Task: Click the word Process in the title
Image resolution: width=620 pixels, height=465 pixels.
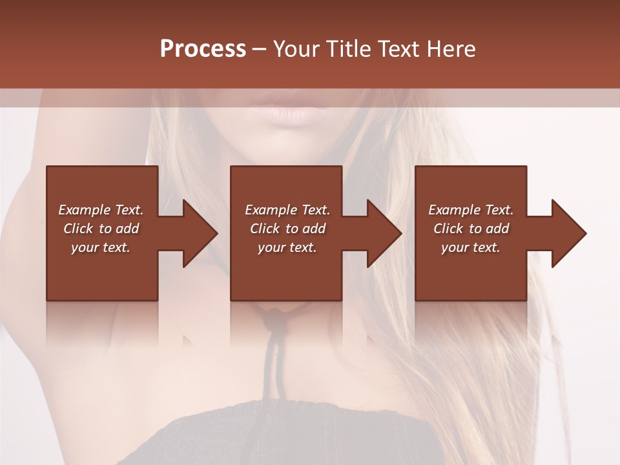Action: [x=203, y=49]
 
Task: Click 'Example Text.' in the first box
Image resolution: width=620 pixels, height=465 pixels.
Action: [x=101, y=210]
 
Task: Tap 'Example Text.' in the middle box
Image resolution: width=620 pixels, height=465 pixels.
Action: [x=287, y=210]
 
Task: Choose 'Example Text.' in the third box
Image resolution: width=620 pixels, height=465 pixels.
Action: [x=471, y=210]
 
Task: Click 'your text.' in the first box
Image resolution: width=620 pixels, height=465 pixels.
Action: [x=101, y=247]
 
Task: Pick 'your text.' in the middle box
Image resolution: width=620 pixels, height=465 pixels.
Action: [x=287, y=247]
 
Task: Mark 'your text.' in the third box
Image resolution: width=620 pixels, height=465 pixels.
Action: [x=471, y=247]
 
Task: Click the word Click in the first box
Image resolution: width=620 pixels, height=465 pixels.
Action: [x=79, y=229]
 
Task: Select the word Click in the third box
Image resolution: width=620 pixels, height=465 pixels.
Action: [x=449, y=229]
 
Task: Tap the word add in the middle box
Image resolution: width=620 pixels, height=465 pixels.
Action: [x=314, y=229]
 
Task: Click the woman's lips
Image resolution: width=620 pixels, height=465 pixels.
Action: [x=289, y=110]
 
